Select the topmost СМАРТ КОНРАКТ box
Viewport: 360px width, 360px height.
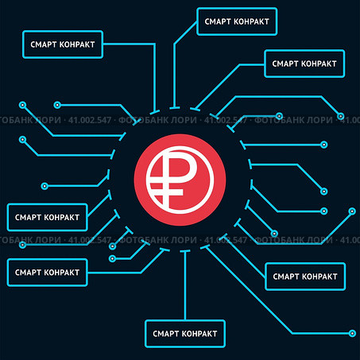click(x=237, y=21)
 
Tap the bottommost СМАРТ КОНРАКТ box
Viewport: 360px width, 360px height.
click(x=185, y=334)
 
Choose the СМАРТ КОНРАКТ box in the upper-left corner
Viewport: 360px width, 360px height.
click(x=63, y=45)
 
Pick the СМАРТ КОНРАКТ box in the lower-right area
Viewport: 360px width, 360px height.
click(x=305, y=277)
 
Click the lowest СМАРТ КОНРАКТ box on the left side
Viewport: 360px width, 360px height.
click(x=47, y=273)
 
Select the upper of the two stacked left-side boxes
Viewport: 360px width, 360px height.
click(x=47, y=217)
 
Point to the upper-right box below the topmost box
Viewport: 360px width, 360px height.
click(x=304, y=64)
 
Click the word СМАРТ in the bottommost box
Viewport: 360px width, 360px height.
click(x=166, y=334)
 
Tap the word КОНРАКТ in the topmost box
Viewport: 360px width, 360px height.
click(x=251, y=21)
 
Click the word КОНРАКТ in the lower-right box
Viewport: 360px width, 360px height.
click(x=319, y=277)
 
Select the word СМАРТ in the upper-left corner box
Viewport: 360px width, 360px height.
click(x=44, y=45)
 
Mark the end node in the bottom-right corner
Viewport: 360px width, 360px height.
click(x=352, y=333)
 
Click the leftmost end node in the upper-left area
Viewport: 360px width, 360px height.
click(x=22, y=105)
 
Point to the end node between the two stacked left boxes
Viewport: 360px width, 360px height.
click(x=22, y=245)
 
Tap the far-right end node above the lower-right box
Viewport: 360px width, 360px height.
click(x=352, y=211)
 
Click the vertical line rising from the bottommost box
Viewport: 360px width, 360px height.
click(x=185, y=285)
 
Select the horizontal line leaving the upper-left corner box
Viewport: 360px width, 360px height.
click(x=129, y=44)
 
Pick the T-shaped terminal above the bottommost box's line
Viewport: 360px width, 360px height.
click(x=185, y=251)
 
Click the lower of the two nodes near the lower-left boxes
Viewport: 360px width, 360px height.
click(x=112, y=258)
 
